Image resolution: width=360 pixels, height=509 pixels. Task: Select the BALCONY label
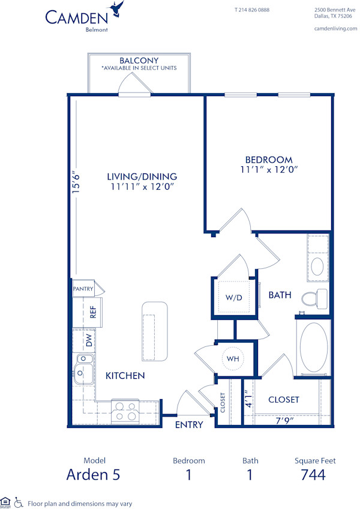[139, 61]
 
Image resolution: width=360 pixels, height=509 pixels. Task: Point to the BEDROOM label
[269, 160]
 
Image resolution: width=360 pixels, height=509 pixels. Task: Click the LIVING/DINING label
[142, 176]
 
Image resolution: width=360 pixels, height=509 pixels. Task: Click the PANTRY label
[83, 289]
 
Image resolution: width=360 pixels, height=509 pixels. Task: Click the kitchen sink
[83, 367]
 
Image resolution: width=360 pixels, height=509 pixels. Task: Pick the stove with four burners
[125, 411]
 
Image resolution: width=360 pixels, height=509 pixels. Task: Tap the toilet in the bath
[314, 297]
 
